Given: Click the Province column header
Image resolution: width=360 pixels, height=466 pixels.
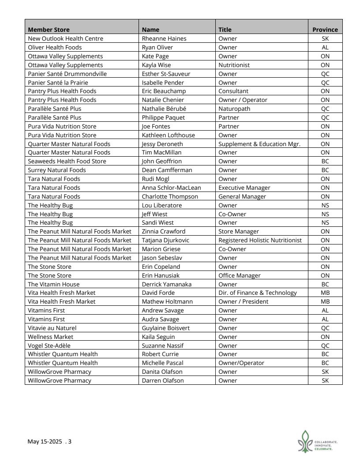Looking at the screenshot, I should tap(325, 30).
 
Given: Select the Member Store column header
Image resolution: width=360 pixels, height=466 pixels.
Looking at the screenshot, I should tap(49, 30).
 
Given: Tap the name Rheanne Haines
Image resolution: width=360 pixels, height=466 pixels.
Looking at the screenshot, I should tap(164, 38).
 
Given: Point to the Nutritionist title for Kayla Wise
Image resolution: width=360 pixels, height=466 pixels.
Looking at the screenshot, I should tap(234, 65).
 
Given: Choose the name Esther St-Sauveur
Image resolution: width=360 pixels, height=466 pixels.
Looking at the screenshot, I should tap(166, 74).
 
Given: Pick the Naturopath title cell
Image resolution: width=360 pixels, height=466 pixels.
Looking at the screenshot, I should tap(234, 109).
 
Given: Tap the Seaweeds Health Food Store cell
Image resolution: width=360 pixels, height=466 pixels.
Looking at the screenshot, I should tap(67, 161).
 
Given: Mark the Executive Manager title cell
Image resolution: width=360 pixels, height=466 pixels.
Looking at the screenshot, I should tap(244, 188).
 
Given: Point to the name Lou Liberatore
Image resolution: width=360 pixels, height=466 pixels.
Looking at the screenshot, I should tap(162, 205).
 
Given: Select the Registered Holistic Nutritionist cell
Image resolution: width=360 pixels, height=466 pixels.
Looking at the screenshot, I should tap(260, 240).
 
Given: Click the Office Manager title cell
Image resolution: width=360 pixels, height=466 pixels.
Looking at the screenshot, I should tap(239, 275).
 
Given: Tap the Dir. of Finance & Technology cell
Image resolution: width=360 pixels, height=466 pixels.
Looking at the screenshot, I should tap(258, 293).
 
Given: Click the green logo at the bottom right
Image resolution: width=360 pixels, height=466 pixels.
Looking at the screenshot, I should tap(306, 441).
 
